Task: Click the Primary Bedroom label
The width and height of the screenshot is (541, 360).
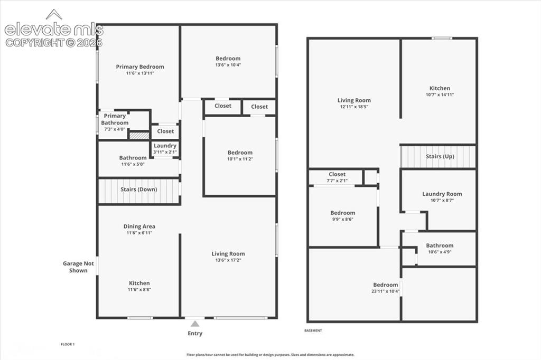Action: [x=139, y=67]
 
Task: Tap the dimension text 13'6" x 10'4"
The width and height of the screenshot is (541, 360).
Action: [x=228, y=65]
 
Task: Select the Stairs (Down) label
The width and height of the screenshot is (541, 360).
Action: [x=139, y=190]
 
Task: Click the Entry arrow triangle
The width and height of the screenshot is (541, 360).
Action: [x=195, y=324]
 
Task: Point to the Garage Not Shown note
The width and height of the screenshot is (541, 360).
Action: [x=78, y=267]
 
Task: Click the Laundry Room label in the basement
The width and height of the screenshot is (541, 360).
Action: [x=442, y=194]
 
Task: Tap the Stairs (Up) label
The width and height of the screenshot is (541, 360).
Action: [x=440, y=156]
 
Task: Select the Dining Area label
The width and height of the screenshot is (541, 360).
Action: [x=139, y=226]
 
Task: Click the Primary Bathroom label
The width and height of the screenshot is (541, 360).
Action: [x=115, y=119]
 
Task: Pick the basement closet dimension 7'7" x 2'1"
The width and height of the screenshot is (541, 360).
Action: [x=337, y=181]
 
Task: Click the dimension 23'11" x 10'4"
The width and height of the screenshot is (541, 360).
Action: [x=385, y=291]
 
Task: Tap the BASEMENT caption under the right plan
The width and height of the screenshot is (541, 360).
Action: [x=313, y=330]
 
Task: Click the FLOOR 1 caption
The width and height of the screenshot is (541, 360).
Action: [x=68, y=344]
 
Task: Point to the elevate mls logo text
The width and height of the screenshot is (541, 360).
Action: [x=54, y=30]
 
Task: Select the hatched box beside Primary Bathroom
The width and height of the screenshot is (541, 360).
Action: [x=139, y=136]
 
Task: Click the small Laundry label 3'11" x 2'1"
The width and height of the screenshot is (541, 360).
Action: [x=165, y=149]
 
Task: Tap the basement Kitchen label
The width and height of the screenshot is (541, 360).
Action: [x=440, y=88]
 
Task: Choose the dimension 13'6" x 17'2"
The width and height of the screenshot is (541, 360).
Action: [x=228, y=260]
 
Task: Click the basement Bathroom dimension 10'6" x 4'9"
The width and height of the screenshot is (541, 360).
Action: [x=440, y=252]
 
